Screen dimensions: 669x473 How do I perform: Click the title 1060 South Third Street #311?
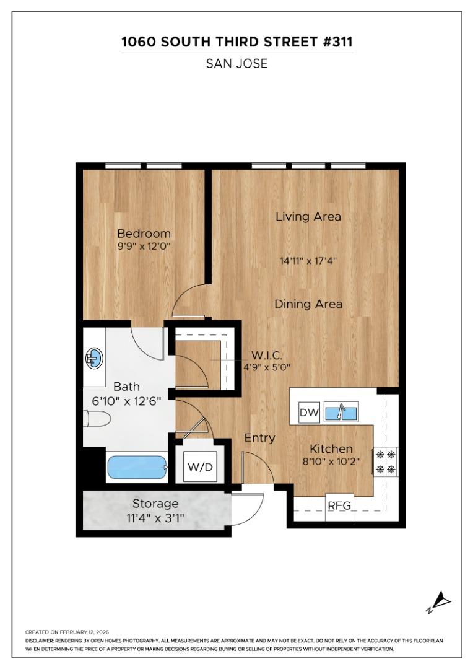point(236,42)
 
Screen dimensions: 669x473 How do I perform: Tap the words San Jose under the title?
point(236,63)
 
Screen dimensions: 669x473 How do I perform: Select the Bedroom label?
point(144,234)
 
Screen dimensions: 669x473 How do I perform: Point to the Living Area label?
point(308,217)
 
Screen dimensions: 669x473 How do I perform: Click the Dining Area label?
point(308,304)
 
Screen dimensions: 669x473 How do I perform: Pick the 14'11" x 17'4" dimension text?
point(308,261)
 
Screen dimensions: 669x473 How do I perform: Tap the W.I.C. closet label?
point(267,356)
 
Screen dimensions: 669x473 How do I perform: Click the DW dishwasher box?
point(308,413)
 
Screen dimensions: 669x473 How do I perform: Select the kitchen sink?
point(341,412)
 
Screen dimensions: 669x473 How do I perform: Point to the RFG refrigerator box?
point(339,505)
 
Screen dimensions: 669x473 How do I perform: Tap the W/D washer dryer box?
point(200,467)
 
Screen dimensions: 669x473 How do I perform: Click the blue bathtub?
point(137,468)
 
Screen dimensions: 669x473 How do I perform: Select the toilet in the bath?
point(97,420)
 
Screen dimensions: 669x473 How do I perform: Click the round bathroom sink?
point(93,357)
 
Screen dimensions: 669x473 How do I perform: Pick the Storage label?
point(155,504)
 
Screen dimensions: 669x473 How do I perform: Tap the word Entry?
point(259,438)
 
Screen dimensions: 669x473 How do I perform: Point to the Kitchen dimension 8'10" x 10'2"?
point(331,461)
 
